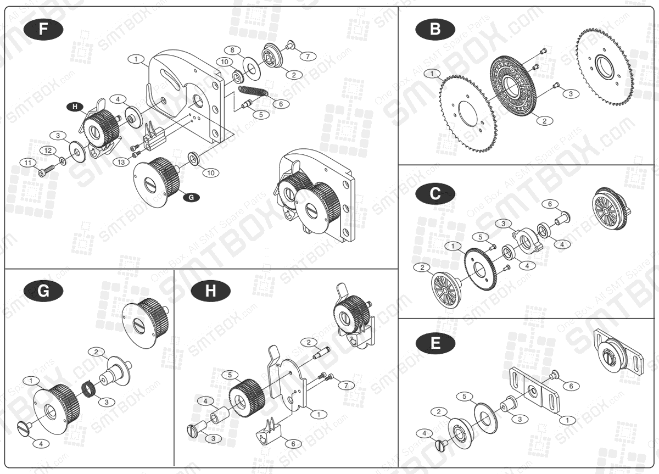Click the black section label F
point(43,29)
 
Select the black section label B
point(435,29)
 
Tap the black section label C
point(435,193)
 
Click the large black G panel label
point(43,291)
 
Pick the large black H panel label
point(210,291)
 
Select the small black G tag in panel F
point(191,197)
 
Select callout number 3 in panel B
point(571,94)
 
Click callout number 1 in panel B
point(432,73)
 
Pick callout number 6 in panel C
point(546,204)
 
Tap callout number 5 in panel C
point(479,237)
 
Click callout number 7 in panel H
point(346,385)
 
